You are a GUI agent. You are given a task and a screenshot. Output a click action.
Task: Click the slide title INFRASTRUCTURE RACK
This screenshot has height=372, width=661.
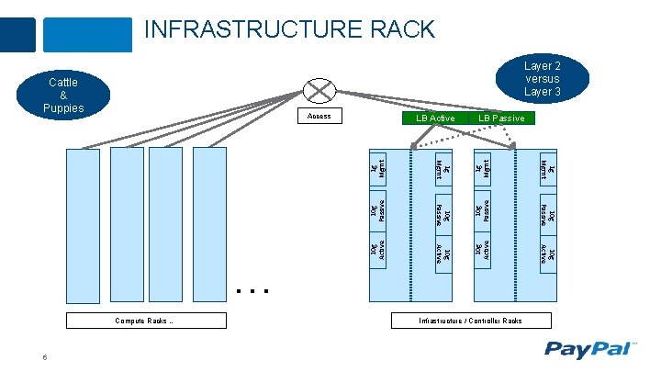(289, 29)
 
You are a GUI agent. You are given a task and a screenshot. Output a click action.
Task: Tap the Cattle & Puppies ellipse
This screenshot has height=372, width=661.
(62, 96)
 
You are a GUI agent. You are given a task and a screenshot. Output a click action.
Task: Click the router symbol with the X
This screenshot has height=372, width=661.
(319, 90)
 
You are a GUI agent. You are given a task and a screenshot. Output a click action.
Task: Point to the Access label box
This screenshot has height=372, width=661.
(319, 117)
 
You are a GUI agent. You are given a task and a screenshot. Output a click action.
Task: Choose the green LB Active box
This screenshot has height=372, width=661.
(434, 118)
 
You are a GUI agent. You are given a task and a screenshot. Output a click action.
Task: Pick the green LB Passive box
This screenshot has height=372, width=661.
(500, 118)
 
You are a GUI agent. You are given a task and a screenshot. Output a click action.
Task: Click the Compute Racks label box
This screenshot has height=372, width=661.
(145, 321)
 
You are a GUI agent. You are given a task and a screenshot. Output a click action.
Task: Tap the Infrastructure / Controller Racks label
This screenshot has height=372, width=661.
(471, 321)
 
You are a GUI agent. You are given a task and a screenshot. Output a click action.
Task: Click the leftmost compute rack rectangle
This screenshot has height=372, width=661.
(83, 225)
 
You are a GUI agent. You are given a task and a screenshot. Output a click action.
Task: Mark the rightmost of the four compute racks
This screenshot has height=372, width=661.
(209, 225)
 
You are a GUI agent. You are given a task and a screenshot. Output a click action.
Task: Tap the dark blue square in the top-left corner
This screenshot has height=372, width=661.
(17, 34)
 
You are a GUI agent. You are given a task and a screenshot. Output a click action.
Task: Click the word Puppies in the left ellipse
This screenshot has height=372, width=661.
(62, 108)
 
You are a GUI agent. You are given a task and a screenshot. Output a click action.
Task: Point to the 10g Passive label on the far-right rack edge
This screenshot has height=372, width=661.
(545, 210)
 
